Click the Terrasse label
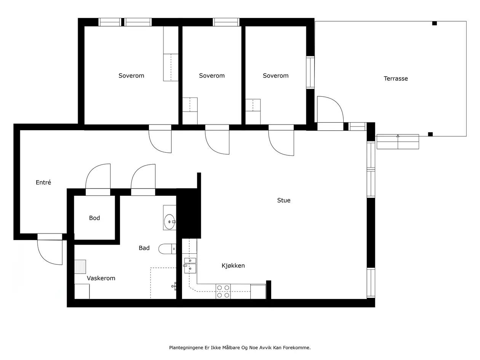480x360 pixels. pyautogui.click(x=395, y=78)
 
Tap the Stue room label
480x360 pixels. pyautogui.click(x=284, y=200)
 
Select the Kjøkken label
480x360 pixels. pyautogui.click(x=233, y=266)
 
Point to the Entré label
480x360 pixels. pyautogui.click(x=43, y=182)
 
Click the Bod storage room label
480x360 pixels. pyautogui.click(x=94, y=218)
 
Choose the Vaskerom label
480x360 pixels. pyautogui.click(x=101, y=278)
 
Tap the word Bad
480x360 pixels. pyautogui.click(x=144, y=248)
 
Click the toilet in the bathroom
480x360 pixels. pyautogui.click(x=167, y=249)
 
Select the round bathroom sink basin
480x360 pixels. pyautogui.click(x=170, y=222)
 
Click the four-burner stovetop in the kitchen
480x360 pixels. pyautogui.click(x=223, y=291)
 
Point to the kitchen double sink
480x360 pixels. pyautogui.click(x=190, y=266)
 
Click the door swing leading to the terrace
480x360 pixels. pyautogui.click(x=330, y=109)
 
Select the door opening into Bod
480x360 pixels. pyautogui.click(x=98, y=176)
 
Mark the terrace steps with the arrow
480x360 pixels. pyautogui.click(x=398, y=142)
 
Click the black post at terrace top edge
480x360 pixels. pyautogui.click(x=435, y=23)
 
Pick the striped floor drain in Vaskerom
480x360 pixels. pyautogui.click(x=80, y=267)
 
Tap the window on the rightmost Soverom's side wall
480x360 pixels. pyautogui.click(x=310, y=72)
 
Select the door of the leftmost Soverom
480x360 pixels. pyautogui.click(x=160, y=139)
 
